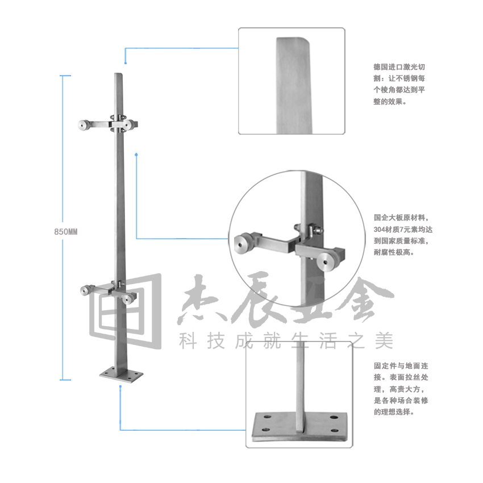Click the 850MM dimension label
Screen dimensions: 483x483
(x=65, y=232)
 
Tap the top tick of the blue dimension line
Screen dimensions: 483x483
(x=65, y=75)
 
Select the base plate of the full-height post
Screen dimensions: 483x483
(x=120, y=374)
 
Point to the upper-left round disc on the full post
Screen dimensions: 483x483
(x=83, y=124)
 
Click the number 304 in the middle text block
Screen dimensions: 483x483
(x=381, y=230)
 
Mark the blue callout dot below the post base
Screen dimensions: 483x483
(x=120, y=388)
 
